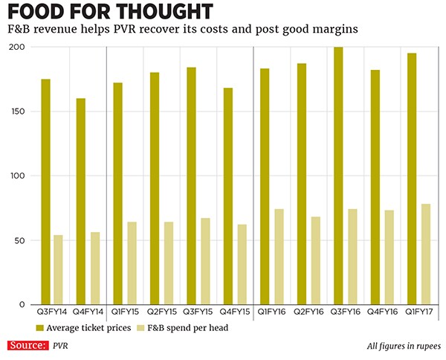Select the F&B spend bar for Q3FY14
coord(58,270)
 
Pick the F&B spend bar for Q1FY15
coord(132,263)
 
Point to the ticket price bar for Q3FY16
coord(338,176)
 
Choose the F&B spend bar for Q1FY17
coord(425,254)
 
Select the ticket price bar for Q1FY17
coord(412,179)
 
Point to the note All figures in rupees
coord(403,346)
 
